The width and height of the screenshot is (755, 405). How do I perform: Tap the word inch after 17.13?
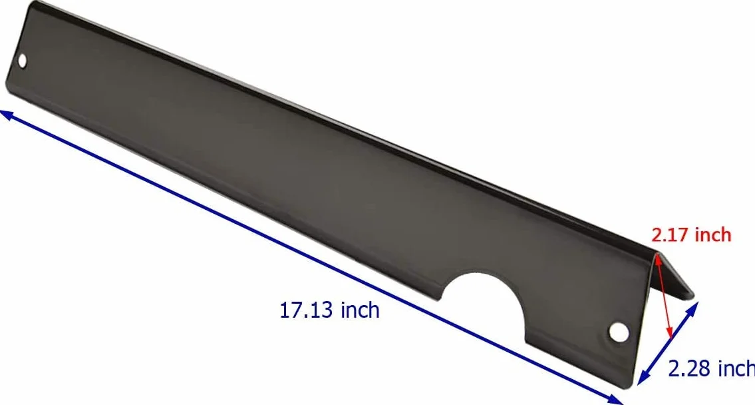360,309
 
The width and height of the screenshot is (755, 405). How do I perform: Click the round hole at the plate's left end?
22,60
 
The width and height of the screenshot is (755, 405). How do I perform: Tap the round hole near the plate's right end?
619,331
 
